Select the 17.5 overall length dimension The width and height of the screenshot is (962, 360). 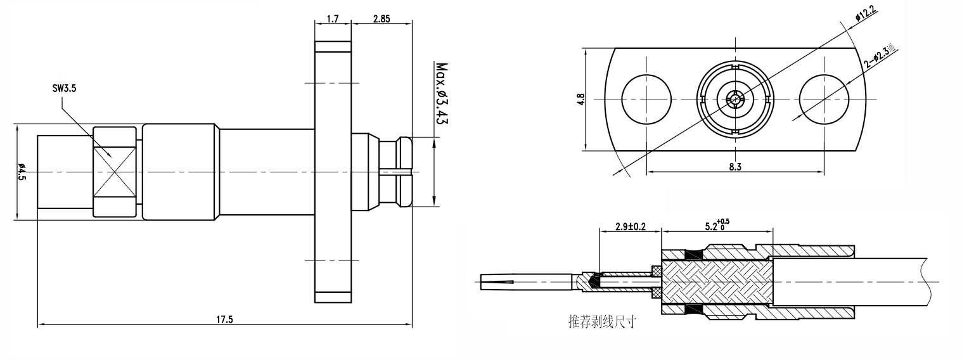pyautogui.click(x=225, y=319)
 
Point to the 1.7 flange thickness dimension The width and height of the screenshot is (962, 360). pyautogui.click(x=333, y=19)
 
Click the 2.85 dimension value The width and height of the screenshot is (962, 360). pyautogui.click(x=381, y=19)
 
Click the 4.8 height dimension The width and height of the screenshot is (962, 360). pyautogui.click(x=582, y=100)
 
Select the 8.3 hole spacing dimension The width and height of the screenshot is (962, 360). pyautogui.click(x=735, y=167)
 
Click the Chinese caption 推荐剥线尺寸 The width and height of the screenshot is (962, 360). pyautogui.click(x=602, y=321)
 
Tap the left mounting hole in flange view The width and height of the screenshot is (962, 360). pyautogui.click(x=646, y=99)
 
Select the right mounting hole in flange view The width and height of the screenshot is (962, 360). pyautogui.click(x=824, y=99)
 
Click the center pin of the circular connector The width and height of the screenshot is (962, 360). pyautogui.click(x=735, y=99)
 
